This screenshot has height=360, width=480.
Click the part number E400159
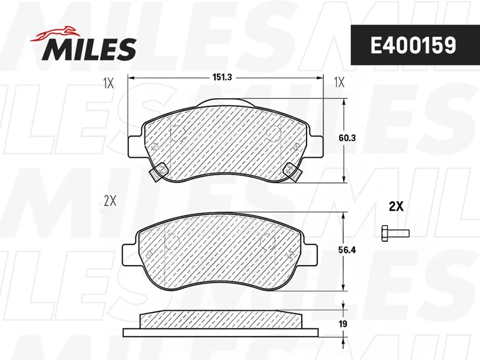tap(413, 46)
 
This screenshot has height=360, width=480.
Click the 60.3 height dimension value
tap(347, 138)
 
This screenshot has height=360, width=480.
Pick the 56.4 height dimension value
tap(347, 250)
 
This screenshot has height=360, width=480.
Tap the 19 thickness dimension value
tap(343, 323)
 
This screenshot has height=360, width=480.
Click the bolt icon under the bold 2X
tap(395, 233)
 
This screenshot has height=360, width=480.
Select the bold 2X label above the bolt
tap(396, 207)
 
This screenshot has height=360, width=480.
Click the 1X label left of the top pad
tap(109, 83)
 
